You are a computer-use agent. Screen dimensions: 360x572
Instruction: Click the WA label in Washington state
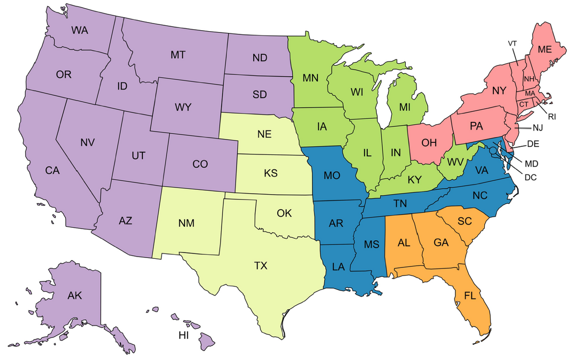tap(80, 30)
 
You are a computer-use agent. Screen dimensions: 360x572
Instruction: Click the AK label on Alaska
tap(74, 295)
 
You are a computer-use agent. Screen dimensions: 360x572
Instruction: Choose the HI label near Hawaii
tap(184, 335)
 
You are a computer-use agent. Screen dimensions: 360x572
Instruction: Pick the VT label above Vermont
tap(512, 43)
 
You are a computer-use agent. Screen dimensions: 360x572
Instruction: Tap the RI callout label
tap(552, 116)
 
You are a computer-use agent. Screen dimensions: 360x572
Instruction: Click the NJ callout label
tap(538, 128)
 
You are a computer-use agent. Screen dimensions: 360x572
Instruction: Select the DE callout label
tap(533, 143)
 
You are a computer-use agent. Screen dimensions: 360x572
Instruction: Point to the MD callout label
tap(531, 163)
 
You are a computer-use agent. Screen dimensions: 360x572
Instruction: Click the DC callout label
tap(530, 177)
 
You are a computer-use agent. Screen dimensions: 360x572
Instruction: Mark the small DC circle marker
tap(493, 150)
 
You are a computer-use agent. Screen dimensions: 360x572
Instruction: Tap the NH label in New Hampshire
tap(529, 79)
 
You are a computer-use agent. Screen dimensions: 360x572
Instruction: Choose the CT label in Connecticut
tap(524, 104)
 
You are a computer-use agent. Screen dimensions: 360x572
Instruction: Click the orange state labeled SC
tap(465, 221)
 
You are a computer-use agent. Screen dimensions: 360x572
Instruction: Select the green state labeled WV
tap(456, 161)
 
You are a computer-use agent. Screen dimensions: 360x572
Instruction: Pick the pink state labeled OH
tap(429, 142)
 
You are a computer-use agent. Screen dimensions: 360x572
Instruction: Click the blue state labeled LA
tap(339, 267)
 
